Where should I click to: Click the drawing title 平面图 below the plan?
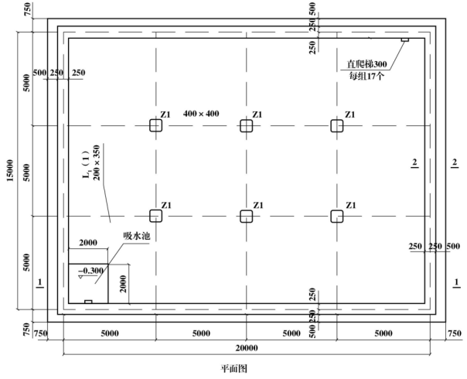(x=233, y=369)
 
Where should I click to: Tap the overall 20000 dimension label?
(x=247, y=348)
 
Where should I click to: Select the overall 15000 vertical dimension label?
(x=10, y=170)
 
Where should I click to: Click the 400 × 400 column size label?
(x=201, y=114)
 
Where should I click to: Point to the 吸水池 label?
(x=137, y=236)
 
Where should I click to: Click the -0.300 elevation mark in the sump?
(x=91, y=271)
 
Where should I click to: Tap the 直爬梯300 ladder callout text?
(x=366, y=64)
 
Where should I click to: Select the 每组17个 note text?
(x=366, y=76)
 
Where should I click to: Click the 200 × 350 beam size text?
(x=97, y=162)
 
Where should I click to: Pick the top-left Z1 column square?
(x=155, y=125)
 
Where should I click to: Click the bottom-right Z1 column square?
(x=337, y=217)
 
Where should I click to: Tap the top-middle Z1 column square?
(x=247, y=125)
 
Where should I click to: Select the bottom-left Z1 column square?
(x=155, y=216)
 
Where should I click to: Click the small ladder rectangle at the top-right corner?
(x=404, y=39)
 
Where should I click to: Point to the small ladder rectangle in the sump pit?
(x=88, y=302)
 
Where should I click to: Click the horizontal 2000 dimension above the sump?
(x=88, y=243)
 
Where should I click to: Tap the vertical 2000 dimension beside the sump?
(x=123, y=284)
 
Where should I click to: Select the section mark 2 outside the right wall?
(x=455, y=162)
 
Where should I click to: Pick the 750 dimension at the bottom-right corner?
(x=455, y=333)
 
